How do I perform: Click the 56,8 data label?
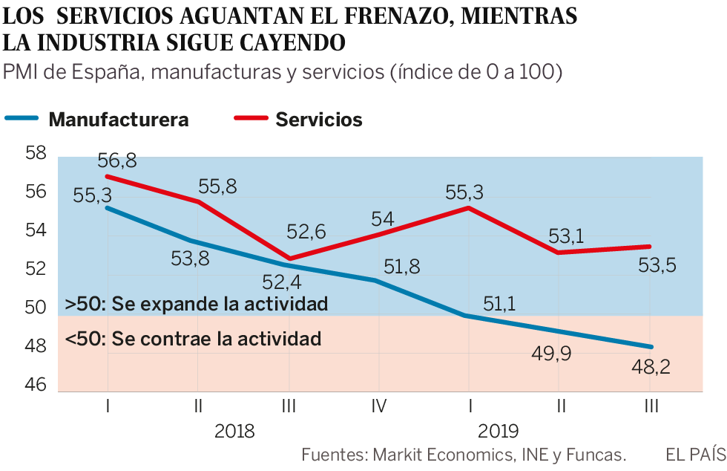116,160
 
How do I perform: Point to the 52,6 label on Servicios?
307,233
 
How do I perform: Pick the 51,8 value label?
402,266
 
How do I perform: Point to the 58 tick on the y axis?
36,154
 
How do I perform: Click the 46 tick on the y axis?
36,385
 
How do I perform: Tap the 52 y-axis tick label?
36,269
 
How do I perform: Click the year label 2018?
234,432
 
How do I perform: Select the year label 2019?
499,432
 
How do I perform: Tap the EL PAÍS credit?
695,454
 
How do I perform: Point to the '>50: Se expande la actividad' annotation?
196,304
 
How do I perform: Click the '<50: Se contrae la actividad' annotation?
193,340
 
